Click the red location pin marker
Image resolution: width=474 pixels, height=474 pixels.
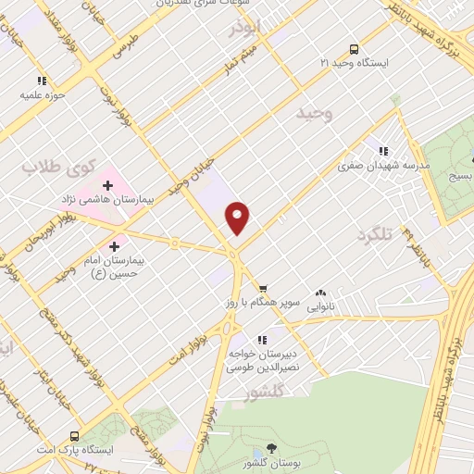(239, 218)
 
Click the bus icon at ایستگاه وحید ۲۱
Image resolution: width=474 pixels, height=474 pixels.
(354, 50)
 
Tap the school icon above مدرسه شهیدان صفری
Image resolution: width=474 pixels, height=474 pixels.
(382, 151)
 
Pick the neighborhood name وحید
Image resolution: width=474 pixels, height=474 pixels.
(313, 113)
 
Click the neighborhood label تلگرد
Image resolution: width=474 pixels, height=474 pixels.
(375, 236)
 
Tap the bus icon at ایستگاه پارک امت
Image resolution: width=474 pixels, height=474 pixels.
(74, 433)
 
